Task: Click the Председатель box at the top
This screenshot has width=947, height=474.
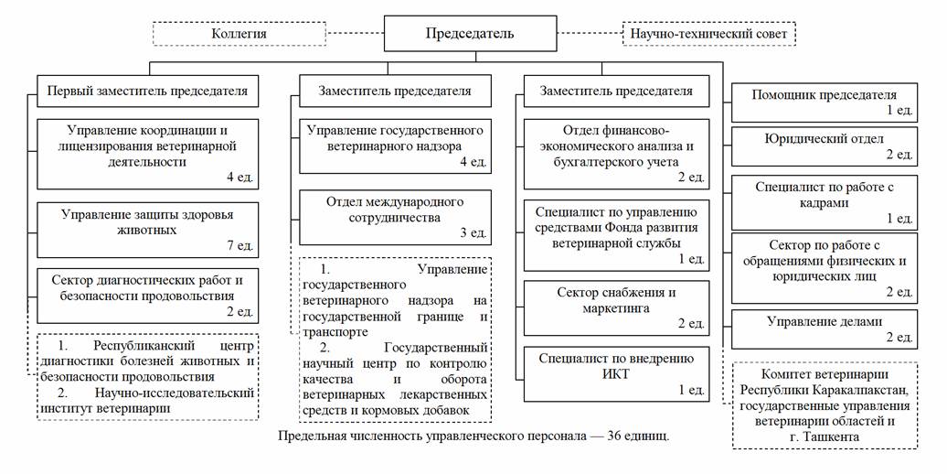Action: click(470, 34)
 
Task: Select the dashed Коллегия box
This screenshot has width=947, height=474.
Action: click(239, 34)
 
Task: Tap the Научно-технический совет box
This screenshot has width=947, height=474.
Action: click(708, 34)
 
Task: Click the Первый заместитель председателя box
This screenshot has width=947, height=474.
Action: click(148, 92)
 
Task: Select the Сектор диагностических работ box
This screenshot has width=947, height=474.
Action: click(147, 294)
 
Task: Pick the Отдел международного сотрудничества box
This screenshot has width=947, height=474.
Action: click(395, 217)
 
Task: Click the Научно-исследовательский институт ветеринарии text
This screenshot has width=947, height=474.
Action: click(146, 401)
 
